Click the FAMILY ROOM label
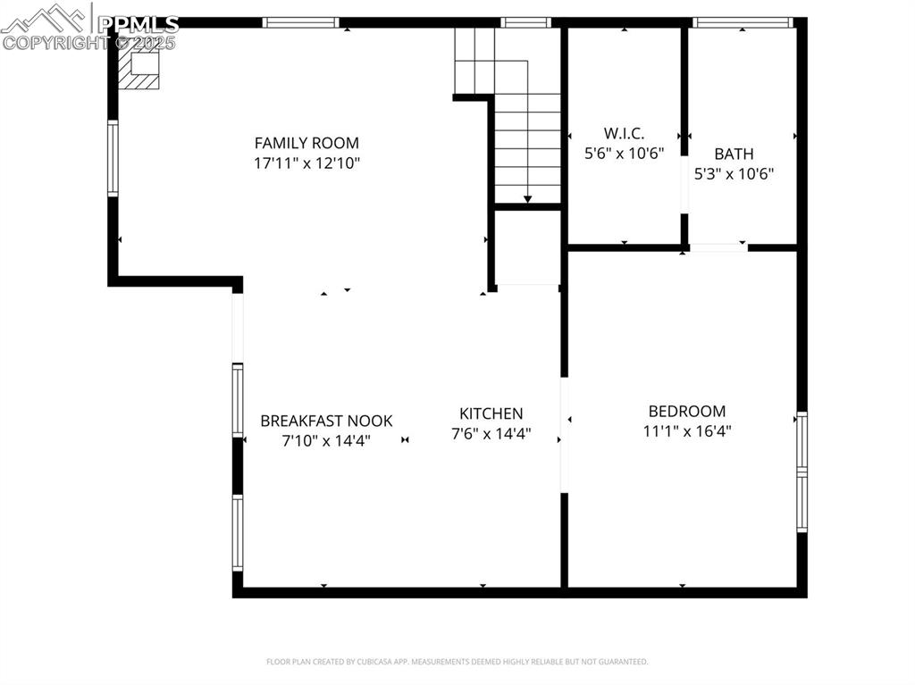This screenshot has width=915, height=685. [306, 143]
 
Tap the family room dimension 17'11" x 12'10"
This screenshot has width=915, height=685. [306, 163]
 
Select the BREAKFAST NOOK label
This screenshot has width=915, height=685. [326, 421]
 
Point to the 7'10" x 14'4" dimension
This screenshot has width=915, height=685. [326, 440]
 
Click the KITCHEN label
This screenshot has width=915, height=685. [491, 414]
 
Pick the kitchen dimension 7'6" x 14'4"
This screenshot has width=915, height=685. [491, 434]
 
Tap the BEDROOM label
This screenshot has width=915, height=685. [686, 412]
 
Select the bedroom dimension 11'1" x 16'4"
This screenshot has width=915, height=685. [686, 431]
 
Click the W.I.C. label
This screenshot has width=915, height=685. [624, 133]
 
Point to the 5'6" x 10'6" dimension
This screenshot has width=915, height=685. [624, 153]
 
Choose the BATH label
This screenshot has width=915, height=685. [734, 155]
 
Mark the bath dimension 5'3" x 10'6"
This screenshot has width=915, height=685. [734, 174]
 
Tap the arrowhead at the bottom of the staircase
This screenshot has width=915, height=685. [527, 199]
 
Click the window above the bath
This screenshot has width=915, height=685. [743, 22]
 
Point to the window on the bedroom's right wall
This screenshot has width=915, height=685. [802, 472]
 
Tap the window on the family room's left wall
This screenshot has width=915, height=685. [113, 158]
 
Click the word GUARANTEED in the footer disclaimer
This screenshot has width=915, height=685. [624, 662]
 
